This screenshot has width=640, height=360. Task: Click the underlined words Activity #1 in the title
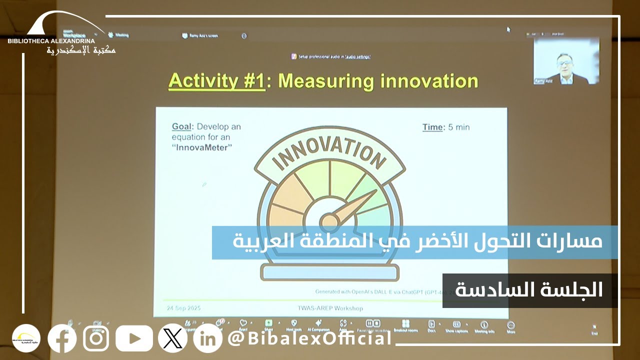point(216,81)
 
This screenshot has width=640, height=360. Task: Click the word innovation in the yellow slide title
point(428,81)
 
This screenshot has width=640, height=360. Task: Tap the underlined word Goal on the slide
point(182,127)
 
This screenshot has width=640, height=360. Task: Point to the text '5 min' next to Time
point(459,127)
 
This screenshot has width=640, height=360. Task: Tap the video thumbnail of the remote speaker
point(566,61)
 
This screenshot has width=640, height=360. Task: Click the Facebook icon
point(62,338)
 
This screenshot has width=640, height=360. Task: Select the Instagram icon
point(96,338)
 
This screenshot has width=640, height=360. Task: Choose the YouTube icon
point(134,338)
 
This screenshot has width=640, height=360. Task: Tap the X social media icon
point(172,338)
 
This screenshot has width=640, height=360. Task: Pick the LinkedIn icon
point(207,338)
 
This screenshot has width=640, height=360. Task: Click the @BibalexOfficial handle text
point(310,338)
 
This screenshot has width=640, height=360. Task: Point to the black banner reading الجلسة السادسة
point(529,290)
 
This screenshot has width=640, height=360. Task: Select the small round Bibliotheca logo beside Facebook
point(26,338)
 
